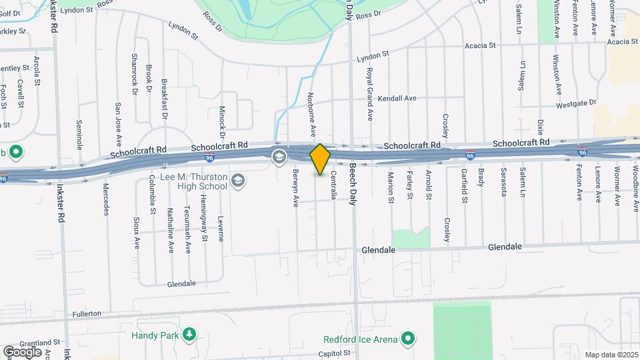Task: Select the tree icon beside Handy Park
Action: click(190, 333)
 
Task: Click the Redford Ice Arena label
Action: click(360, 339)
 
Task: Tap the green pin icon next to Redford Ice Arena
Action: click(407, 339)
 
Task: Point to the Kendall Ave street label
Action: click(397, 99)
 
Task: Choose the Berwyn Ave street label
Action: click(294, 187)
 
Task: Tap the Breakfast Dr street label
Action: click(164, 99)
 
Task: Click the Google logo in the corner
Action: click(22, 351)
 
